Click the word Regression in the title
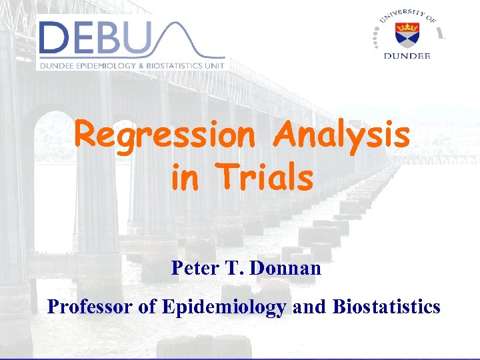tap(164, 135)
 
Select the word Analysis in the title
tap(342, 135)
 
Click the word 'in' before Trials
tap(183, 177)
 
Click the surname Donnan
tap(287, 268)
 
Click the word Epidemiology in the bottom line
tap(223, 307)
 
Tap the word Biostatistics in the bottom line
tap(387, 307)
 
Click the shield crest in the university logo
tap(406, 32)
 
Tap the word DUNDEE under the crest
tap(407, 56)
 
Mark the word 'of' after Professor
tap(147, 307)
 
